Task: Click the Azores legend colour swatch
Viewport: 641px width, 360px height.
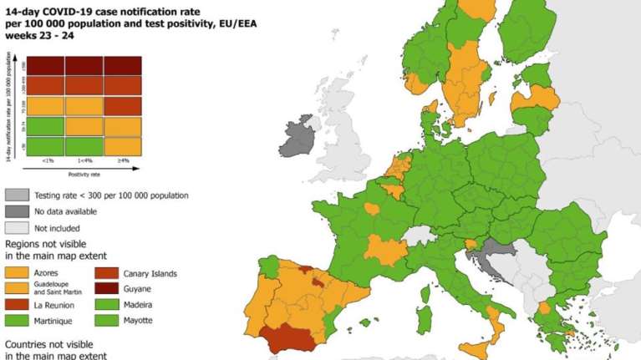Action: (18, 273)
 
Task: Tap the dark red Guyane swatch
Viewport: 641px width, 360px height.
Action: (109, 288)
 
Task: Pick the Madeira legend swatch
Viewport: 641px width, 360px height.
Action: (109, 304)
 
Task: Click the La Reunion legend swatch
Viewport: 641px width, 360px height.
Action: (18, 305)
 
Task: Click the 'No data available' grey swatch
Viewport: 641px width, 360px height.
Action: (18, 211)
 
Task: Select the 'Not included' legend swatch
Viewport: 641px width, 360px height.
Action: (18, 227)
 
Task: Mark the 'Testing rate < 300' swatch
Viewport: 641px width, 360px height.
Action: (18, 195)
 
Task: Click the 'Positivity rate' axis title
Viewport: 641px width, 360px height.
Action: (84, 174)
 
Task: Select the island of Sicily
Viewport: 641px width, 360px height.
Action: (479, 350)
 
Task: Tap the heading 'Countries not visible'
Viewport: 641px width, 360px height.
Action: (53, 343)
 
